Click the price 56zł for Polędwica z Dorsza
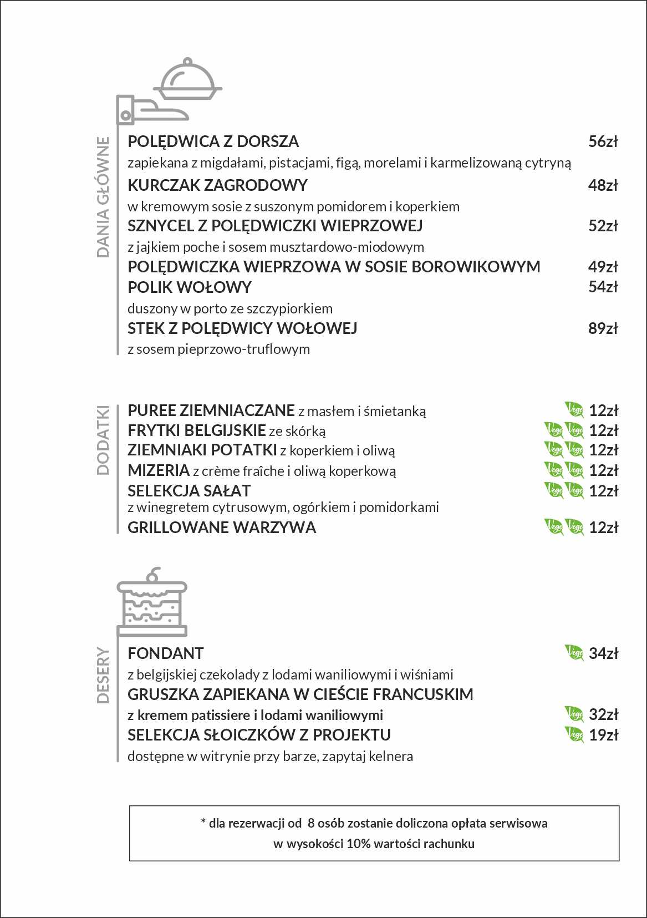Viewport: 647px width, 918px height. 603,142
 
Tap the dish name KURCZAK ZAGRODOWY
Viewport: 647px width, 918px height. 217,185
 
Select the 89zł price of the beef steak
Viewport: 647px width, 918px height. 603,328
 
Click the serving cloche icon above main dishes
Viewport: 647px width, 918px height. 187,80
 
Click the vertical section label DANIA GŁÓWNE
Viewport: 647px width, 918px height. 103,197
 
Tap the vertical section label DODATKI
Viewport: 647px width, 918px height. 103,440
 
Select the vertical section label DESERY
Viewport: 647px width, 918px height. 103,675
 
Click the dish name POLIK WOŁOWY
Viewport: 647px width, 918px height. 190,287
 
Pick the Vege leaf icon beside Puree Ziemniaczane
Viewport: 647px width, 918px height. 574,410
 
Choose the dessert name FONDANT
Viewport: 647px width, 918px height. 166,653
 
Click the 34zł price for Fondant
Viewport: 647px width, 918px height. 603,653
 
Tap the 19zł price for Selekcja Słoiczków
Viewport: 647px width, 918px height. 603,735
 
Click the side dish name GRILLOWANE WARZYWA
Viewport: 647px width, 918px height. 222,528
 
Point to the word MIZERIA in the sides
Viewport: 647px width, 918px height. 159,471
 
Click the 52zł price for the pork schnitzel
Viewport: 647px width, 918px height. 603,226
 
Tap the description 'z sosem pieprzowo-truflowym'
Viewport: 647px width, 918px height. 218,349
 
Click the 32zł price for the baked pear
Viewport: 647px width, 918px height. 603,714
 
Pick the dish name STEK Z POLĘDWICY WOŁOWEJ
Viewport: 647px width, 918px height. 242,328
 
